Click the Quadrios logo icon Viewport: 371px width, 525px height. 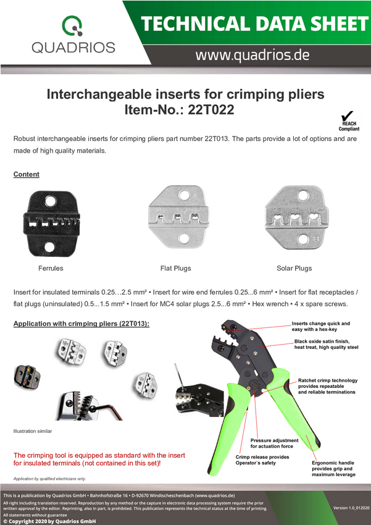[x=72, y=25]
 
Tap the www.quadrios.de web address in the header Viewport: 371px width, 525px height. [x=252, y=55]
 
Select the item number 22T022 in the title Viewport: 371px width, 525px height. [x=211, y=109]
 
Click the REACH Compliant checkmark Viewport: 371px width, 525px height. [x=348, y=116]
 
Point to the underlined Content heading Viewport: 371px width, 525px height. [x=27, y=174]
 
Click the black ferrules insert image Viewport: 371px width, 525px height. [x=51, y=224]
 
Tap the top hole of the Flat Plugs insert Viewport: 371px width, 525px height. [x=185, y=195]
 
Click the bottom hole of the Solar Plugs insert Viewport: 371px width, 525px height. [x=303, y=240]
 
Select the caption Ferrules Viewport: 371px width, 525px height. [x=51, y=268]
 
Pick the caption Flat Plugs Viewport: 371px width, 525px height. [x=176, y=268]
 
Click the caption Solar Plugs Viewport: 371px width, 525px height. [x=294, y=268]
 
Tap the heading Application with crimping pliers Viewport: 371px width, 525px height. [x=81, y=324]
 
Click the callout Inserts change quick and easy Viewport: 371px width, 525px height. [x=321, y=327]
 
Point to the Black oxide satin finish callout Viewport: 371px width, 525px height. [x=326, y=344]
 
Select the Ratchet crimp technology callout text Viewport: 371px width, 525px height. [x=328, y=386]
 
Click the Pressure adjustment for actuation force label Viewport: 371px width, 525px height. [x=274, y=443]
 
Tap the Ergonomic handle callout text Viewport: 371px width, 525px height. [x=333, y=469]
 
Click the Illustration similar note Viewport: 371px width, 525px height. [x=33, y=431]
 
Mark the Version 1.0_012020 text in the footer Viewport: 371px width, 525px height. [x=350, y=508]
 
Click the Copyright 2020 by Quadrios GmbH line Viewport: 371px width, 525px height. [x=49, y=521]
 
